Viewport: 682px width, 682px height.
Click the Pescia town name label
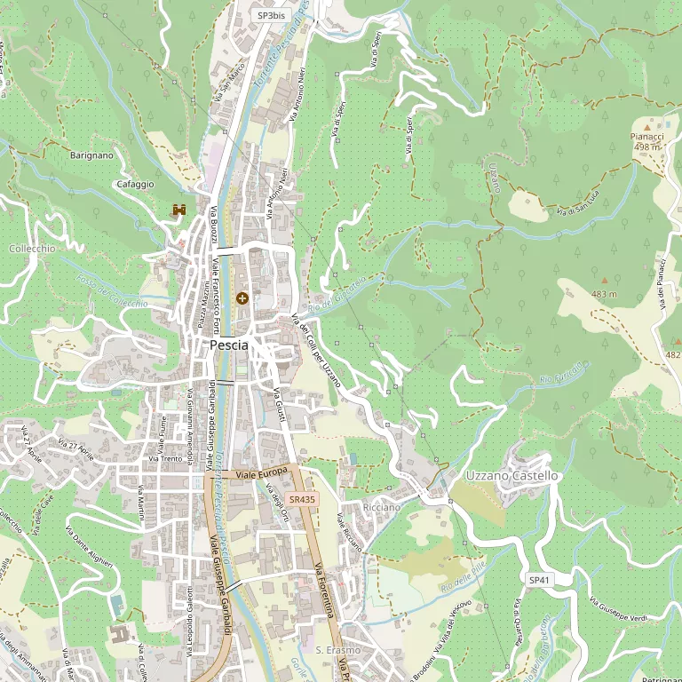[x=228, y=345]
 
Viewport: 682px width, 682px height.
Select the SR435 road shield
[x=302, y=500]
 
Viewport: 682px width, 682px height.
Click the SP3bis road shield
[x=271, y=15]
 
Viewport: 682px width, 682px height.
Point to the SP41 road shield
[x=539, y=579]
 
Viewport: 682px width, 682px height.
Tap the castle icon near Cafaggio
[x=178, y=210]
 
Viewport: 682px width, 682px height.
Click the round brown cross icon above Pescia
[x=242, y=297]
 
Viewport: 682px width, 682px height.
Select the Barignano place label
[x=91, y=155]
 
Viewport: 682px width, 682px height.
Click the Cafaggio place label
[x=135, y=184]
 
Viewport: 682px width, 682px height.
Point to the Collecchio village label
[x=32, y=249]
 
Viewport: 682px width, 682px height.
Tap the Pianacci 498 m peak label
[x=647, y=141]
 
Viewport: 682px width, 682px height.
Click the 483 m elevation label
[x=604, y=294]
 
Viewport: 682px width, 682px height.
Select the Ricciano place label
[x=382, y=506]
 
